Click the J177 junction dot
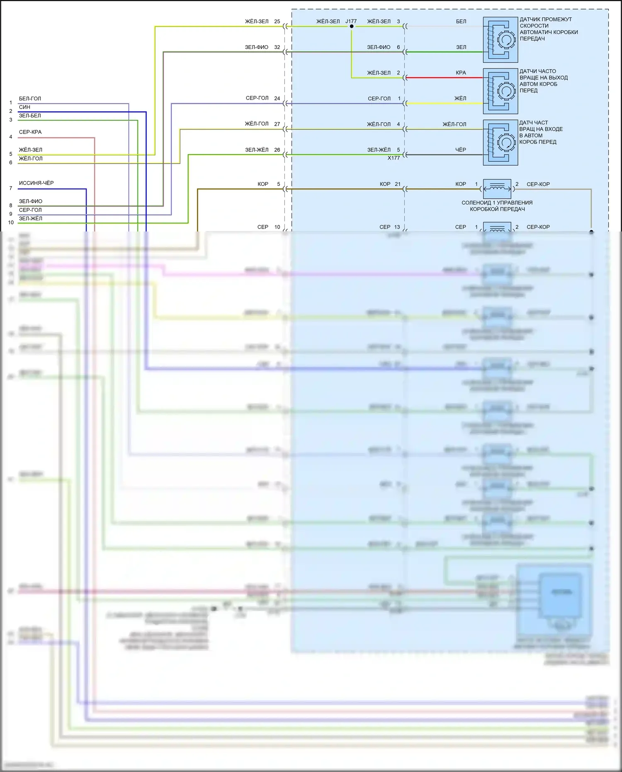[352, 26]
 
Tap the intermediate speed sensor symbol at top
[501, 39]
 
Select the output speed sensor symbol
[501, 91]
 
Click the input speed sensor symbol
[501, 142]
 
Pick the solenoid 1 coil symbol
[497, 189]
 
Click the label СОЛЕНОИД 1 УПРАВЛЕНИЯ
[497, 203]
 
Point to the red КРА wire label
[461, 73]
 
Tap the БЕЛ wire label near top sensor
[461, 22]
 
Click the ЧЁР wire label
[461, 150]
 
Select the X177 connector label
[394, 158]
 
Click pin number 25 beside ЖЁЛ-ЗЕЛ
[277, 22]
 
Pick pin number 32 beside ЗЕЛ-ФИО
[277, 47]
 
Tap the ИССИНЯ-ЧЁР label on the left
[36, 183]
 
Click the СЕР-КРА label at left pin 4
[30, 132]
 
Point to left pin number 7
[11, 188]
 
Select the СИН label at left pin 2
[24, 107]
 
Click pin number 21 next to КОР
[398, 184]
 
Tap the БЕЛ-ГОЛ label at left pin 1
[30, 99]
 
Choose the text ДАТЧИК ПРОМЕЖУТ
[546, 19]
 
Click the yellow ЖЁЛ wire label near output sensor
[460, 98]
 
